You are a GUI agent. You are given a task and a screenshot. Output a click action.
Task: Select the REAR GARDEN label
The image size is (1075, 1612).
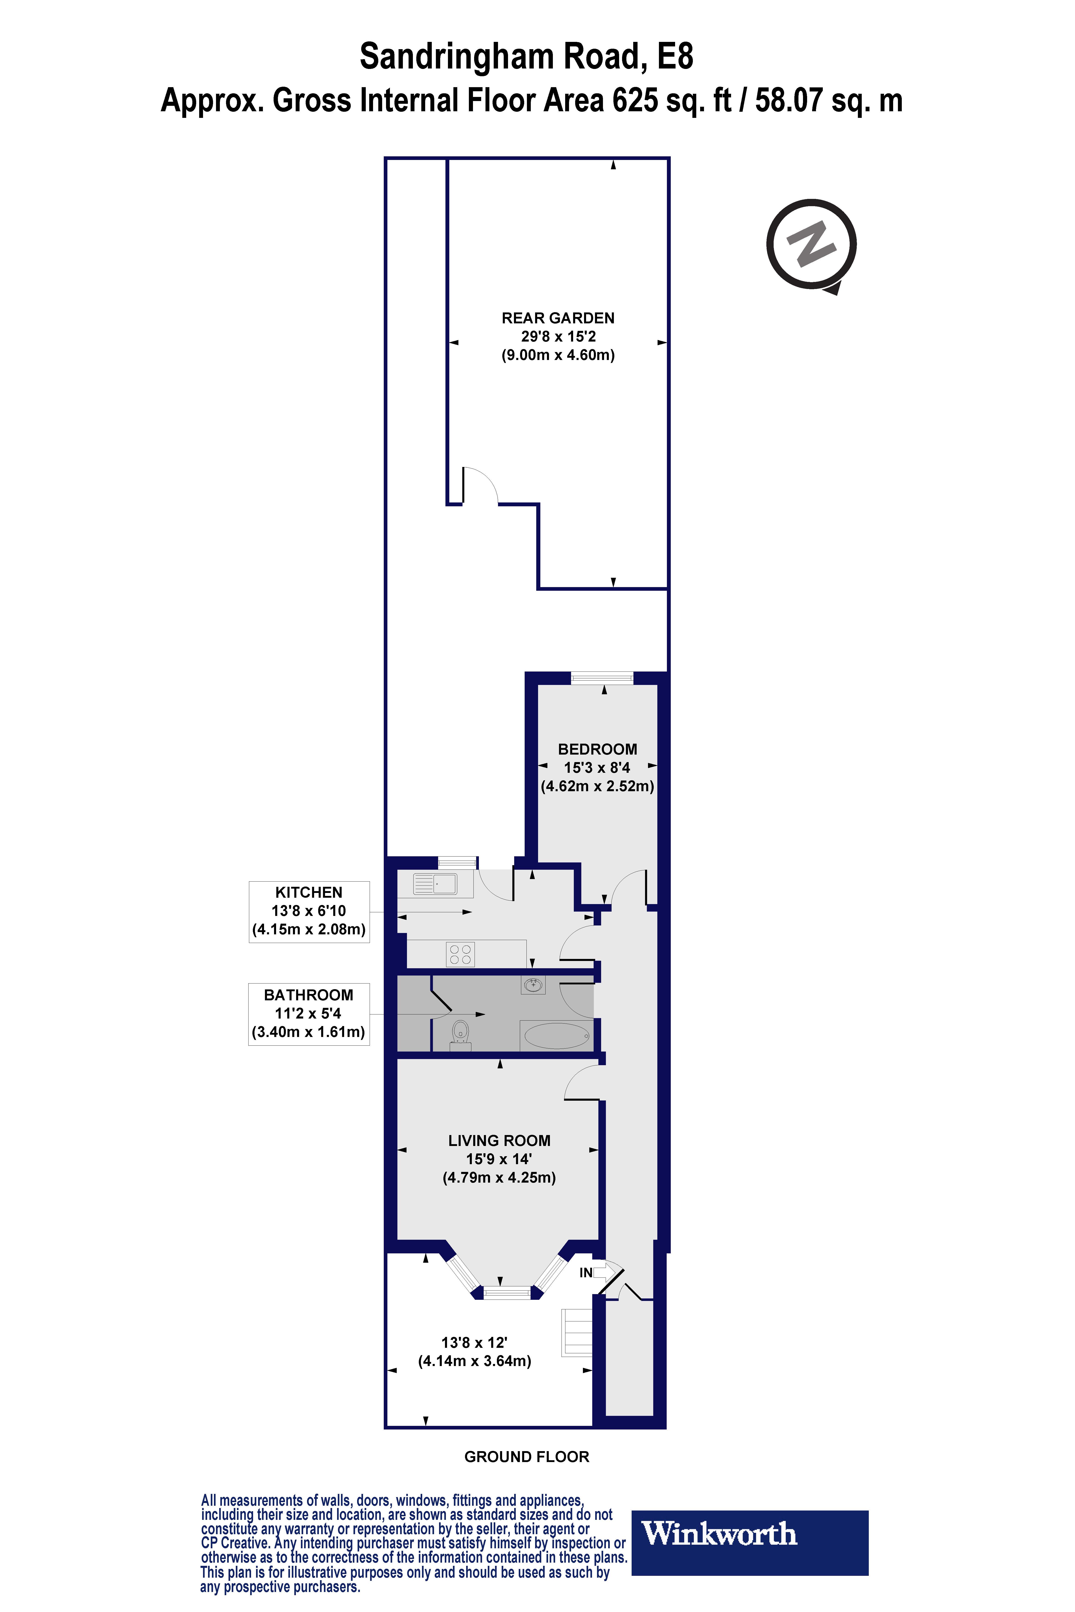[558, 318]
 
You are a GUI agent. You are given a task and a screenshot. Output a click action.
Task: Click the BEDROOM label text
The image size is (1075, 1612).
[597, 749]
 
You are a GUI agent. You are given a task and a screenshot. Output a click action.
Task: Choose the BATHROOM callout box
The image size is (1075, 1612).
[308, 1014]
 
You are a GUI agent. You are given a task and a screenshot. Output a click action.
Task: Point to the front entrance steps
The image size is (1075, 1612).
[577, 1332]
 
